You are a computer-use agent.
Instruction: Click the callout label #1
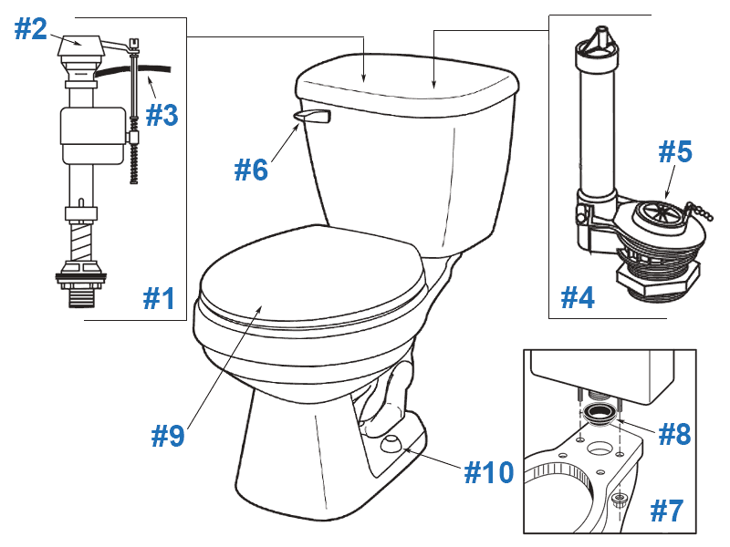(159, 298)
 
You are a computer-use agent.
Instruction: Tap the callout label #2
(30, 29)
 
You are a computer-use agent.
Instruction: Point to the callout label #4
(577, 297)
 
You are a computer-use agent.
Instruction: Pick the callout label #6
(251, 169)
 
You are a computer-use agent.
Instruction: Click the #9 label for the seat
(167, 435)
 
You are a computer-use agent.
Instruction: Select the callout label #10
(488, 471)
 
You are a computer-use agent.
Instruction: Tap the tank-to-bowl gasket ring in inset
(598, 417)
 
